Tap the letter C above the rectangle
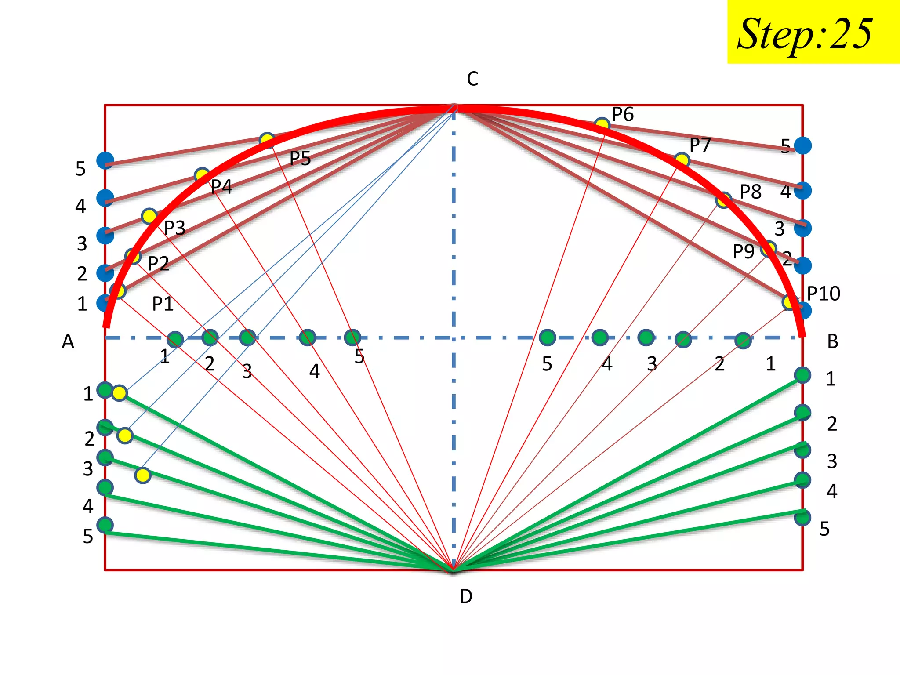(x=472, y=79)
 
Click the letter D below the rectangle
(x=466, y=596)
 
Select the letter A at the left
(x=68, y=341)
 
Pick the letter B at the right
(x=832, y=341)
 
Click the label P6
(x=623, y=115)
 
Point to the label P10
(x=823, y=294)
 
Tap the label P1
(x=163, y=304)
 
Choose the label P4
(x=221, y=187)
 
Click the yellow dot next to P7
(x=681, y=160)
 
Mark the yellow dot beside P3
(x=149, y=216)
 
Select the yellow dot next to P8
(x=723, y=200)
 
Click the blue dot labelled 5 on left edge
(x=105, y=160)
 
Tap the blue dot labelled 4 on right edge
(x=802, y=191)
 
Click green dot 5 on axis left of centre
(x=352, y=337)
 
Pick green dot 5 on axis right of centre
(x=547, y=337)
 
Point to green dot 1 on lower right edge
(x=802, y=375)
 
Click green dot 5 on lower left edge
(x=105, y=525)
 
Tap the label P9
(x=744, y=251)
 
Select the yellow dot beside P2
(x=133, y=256)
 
